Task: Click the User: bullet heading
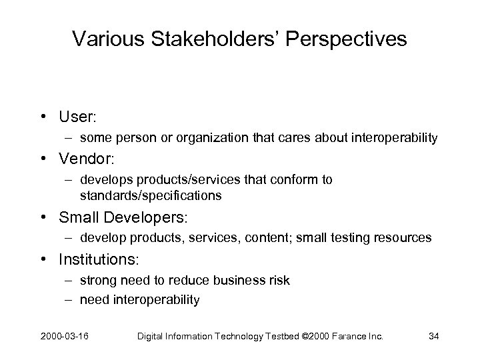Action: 78,117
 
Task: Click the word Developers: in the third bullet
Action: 147,217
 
